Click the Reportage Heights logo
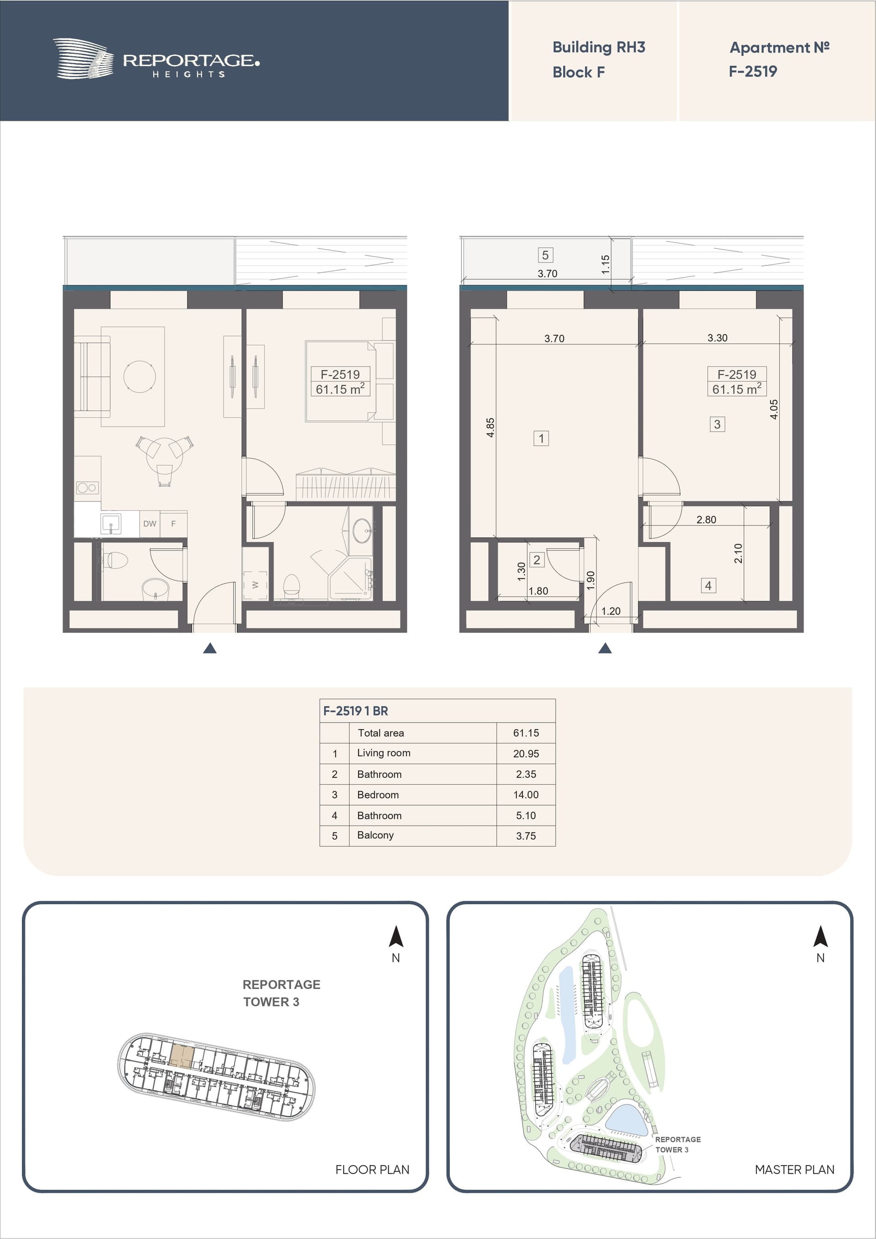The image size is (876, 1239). pos(156,59)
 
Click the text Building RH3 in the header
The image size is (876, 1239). pos(599,47)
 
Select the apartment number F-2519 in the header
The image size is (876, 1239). pos(753,71)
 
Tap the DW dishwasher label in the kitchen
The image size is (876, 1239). pos(150,523)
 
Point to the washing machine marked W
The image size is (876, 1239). pos(255,585)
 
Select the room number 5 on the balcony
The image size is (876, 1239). pos(545,255)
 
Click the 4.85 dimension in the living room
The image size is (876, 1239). pos(490,427)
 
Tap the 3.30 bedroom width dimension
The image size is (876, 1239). pos(717,338)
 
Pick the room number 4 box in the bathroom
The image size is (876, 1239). pos(708,585)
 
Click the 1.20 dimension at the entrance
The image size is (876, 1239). pos(610,611)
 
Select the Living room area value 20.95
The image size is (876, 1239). pos(526,753)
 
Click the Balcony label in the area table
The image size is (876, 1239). pos(375,835)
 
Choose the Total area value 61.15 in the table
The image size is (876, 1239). pos(526,733)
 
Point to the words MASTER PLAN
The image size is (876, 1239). pos(794,1169)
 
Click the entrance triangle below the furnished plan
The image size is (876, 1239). pos(210,648)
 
